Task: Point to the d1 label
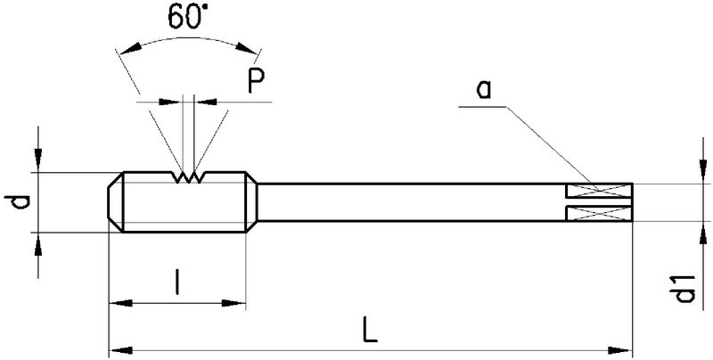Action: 686,290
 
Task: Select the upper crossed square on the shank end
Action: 599,192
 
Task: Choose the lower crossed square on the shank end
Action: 599,212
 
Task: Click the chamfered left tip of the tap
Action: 114,202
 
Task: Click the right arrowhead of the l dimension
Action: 238,305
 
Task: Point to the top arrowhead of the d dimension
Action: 37,163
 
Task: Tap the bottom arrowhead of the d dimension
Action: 37,241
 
